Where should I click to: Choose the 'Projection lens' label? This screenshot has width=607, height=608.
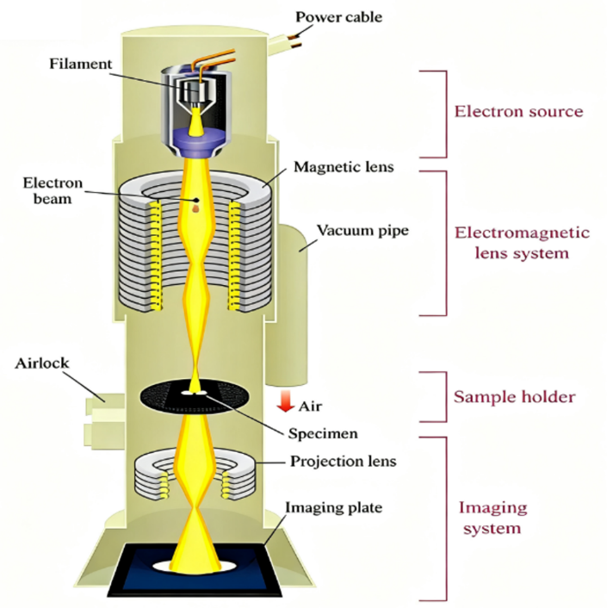pos(343,461)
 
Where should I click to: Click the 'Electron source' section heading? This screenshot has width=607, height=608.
pos(518,111)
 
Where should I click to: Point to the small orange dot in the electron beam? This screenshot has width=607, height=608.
pos(195,208)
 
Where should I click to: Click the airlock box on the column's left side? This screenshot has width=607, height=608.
pos(103,412)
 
